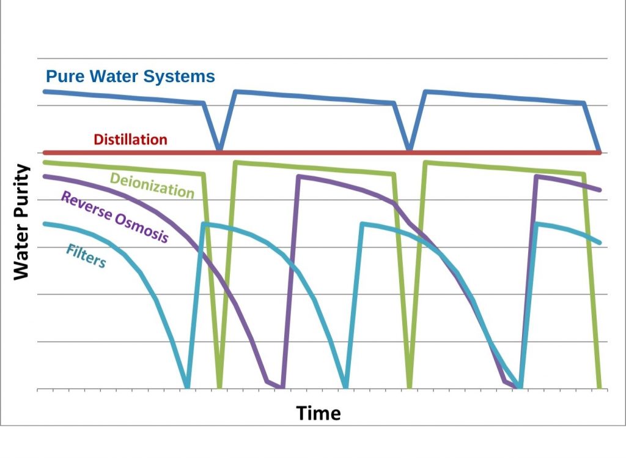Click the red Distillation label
(x=131, y=139)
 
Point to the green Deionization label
(x=152, y=186)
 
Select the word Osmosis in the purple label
(x=142, y=228)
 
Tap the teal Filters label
(x=86, y=256)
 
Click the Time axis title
(x=318, y=413)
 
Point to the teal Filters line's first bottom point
(x=187, y=387)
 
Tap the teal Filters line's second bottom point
(x=346, y=387)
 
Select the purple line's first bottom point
(x=282, y=387)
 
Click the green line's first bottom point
(x=219, y=387)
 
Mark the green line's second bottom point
(x=409, y=387)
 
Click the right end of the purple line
(x=599, y=190)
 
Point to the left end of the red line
(x=45, y=152)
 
